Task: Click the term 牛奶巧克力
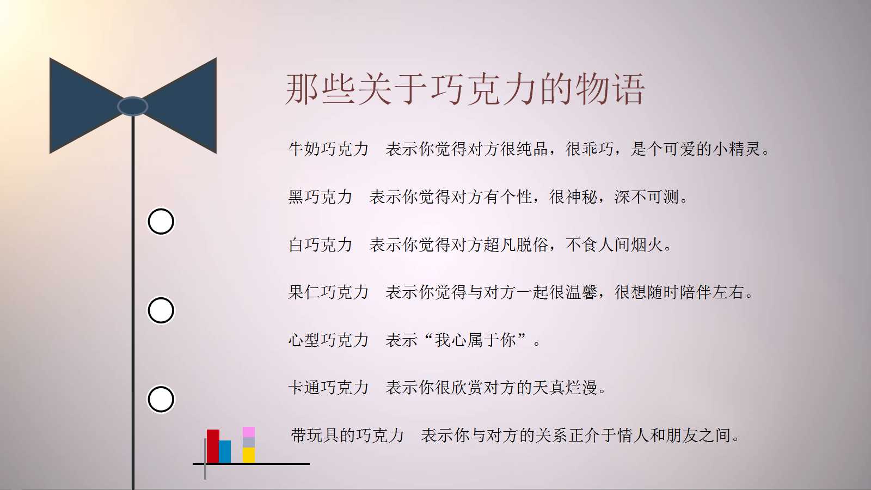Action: tap(328, 149)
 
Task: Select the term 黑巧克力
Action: tap(320, 197)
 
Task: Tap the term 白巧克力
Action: tap(320, 244)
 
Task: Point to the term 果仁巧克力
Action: tap(328, 292)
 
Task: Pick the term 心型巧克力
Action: tap(328, 340)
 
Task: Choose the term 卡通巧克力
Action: tap(328, 388)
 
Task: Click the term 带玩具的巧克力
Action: tap(347, 435)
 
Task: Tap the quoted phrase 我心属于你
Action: tap(475, 340)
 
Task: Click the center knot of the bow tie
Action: tap(132, 106)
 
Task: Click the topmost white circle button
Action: tap(161, 222)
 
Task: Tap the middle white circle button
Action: tap(161, 310)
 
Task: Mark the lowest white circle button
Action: tap(161, 399)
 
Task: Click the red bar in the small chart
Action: tap(213, 446)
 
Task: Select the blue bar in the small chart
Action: tap(225, 451)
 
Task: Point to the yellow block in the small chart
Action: tap(249, 455)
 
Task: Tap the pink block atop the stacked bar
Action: tap(249, 432)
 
